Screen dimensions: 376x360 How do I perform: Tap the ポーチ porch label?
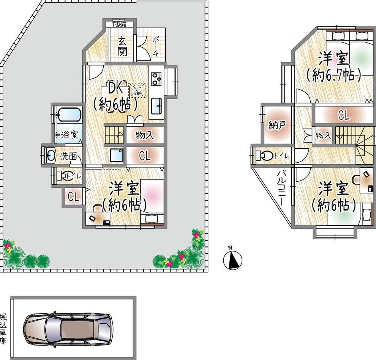point(156,46)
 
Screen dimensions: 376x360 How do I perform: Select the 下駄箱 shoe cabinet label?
point(119,24)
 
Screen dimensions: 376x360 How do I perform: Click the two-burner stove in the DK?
point(156,79)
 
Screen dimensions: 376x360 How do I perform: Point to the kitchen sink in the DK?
point(156,106)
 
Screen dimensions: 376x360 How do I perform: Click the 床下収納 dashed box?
point(137,90)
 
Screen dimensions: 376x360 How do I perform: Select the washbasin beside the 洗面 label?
point(50,155)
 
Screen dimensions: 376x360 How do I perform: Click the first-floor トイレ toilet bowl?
point(63,176)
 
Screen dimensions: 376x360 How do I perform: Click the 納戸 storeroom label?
point(277,125)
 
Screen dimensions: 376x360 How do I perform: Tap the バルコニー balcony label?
point(281,188)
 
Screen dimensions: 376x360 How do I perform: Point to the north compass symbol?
point(232,259)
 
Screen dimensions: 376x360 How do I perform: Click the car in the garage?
point(68,328)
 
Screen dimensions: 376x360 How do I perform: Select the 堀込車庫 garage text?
point(3,328)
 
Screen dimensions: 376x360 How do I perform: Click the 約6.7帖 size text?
point(333,76)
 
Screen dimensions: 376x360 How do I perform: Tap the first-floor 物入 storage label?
point(145,135)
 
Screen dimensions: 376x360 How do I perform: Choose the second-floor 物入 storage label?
point(323,136)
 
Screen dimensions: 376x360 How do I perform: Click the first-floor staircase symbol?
point(114,135)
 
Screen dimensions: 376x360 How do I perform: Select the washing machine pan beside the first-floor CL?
point(117,155)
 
